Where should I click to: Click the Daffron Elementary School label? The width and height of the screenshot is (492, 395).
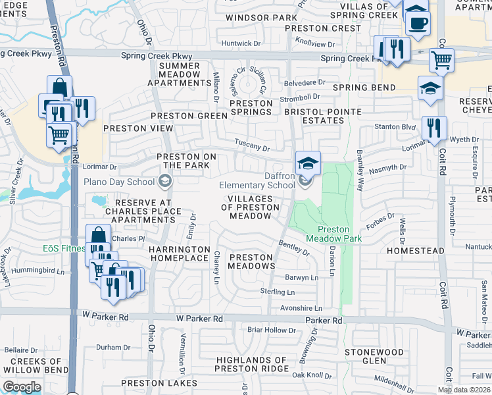click(257, 180)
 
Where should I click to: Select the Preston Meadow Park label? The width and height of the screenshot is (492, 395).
click(334, 234)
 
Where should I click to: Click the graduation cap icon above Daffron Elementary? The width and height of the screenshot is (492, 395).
click(308, 161)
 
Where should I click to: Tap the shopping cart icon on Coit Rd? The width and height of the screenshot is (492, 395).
click(441, 61)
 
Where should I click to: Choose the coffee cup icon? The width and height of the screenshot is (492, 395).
click(416, 22)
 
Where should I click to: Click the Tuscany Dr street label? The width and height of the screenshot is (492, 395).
click(253, 148)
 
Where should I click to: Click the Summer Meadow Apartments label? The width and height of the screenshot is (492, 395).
click(179, 74)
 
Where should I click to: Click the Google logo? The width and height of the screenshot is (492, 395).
click(22, 387)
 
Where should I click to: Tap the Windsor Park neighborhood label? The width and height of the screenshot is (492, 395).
click(253, 17)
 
